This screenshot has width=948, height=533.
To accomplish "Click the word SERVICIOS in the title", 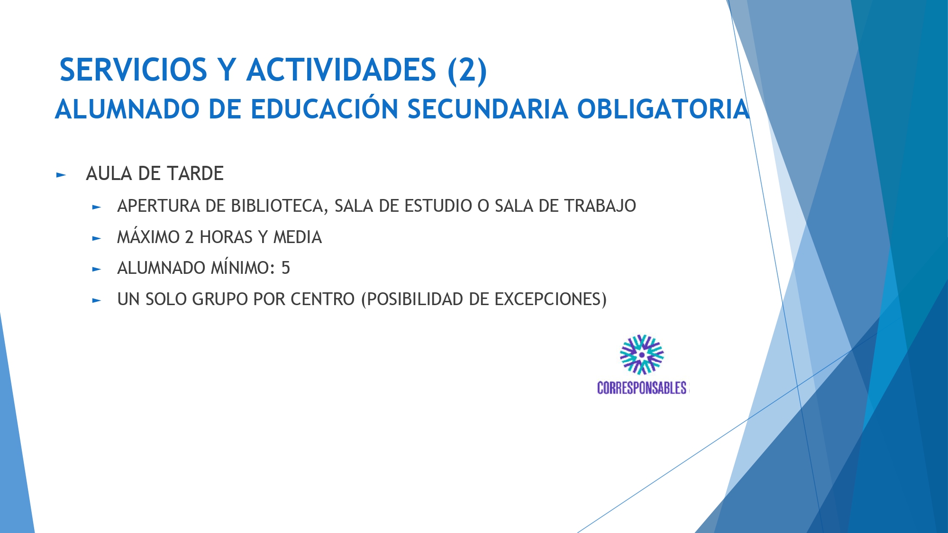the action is tap(133, 70).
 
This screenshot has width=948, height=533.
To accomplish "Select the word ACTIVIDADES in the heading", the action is tap(341, 70).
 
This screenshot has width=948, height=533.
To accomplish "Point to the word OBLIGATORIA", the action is tap(663, 109).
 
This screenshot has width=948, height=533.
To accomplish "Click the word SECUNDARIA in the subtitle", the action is tap(488, 109).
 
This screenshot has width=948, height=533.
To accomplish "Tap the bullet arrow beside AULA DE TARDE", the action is tap(61, 175).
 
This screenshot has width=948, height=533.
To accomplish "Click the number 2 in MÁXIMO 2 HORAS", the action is tap(189, 237).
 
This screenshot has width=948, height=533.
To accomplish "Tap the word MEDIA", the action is tap(298, 237).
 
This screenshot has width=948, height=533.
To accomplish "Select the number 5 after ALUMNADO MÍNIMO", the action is tap(285, 268).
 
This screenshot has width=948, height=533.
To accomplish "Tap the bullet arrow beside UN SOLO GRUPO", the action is tap(97, 300).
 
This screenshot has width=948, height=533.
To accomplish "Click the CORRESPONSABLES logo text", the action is tap(642, 388).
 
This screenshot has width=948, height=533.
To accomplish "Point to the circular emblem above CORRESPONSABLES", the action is tap(642, 355).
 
